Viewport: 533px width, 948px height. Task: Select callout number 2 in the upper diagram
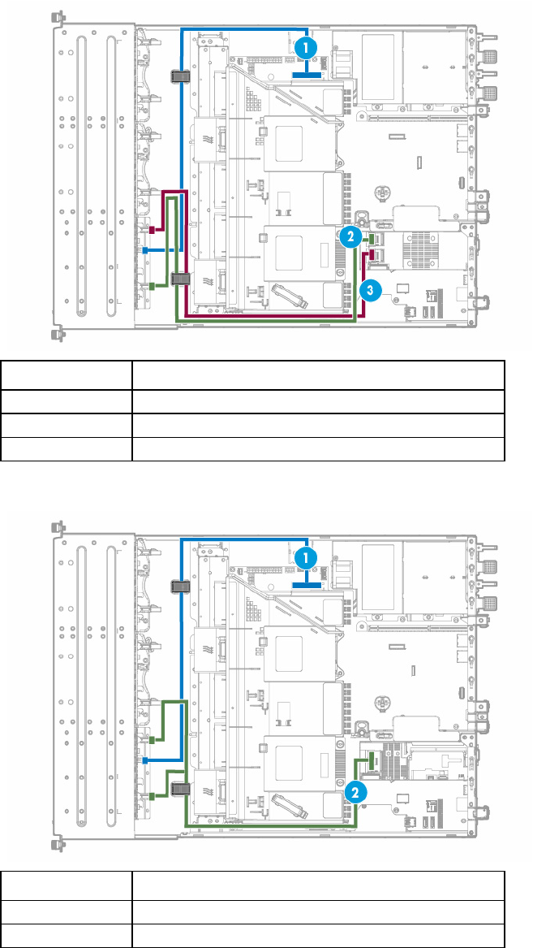click(350, 236)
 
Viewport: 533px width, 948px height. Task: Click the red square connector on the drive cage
click(153, 229)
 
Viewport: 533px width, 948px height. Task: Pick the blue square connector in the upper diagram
click(145, 249)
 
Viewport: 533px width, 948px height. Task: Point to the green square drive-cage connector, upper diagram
click(153, 285)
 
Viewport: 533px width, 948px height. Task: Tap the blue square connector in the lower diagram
click(145, 760)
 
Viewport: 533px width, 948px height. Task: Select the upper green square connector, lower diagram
click(153, 739)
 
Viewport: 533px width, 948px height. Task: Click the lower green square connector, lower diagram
click(153, 795)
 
